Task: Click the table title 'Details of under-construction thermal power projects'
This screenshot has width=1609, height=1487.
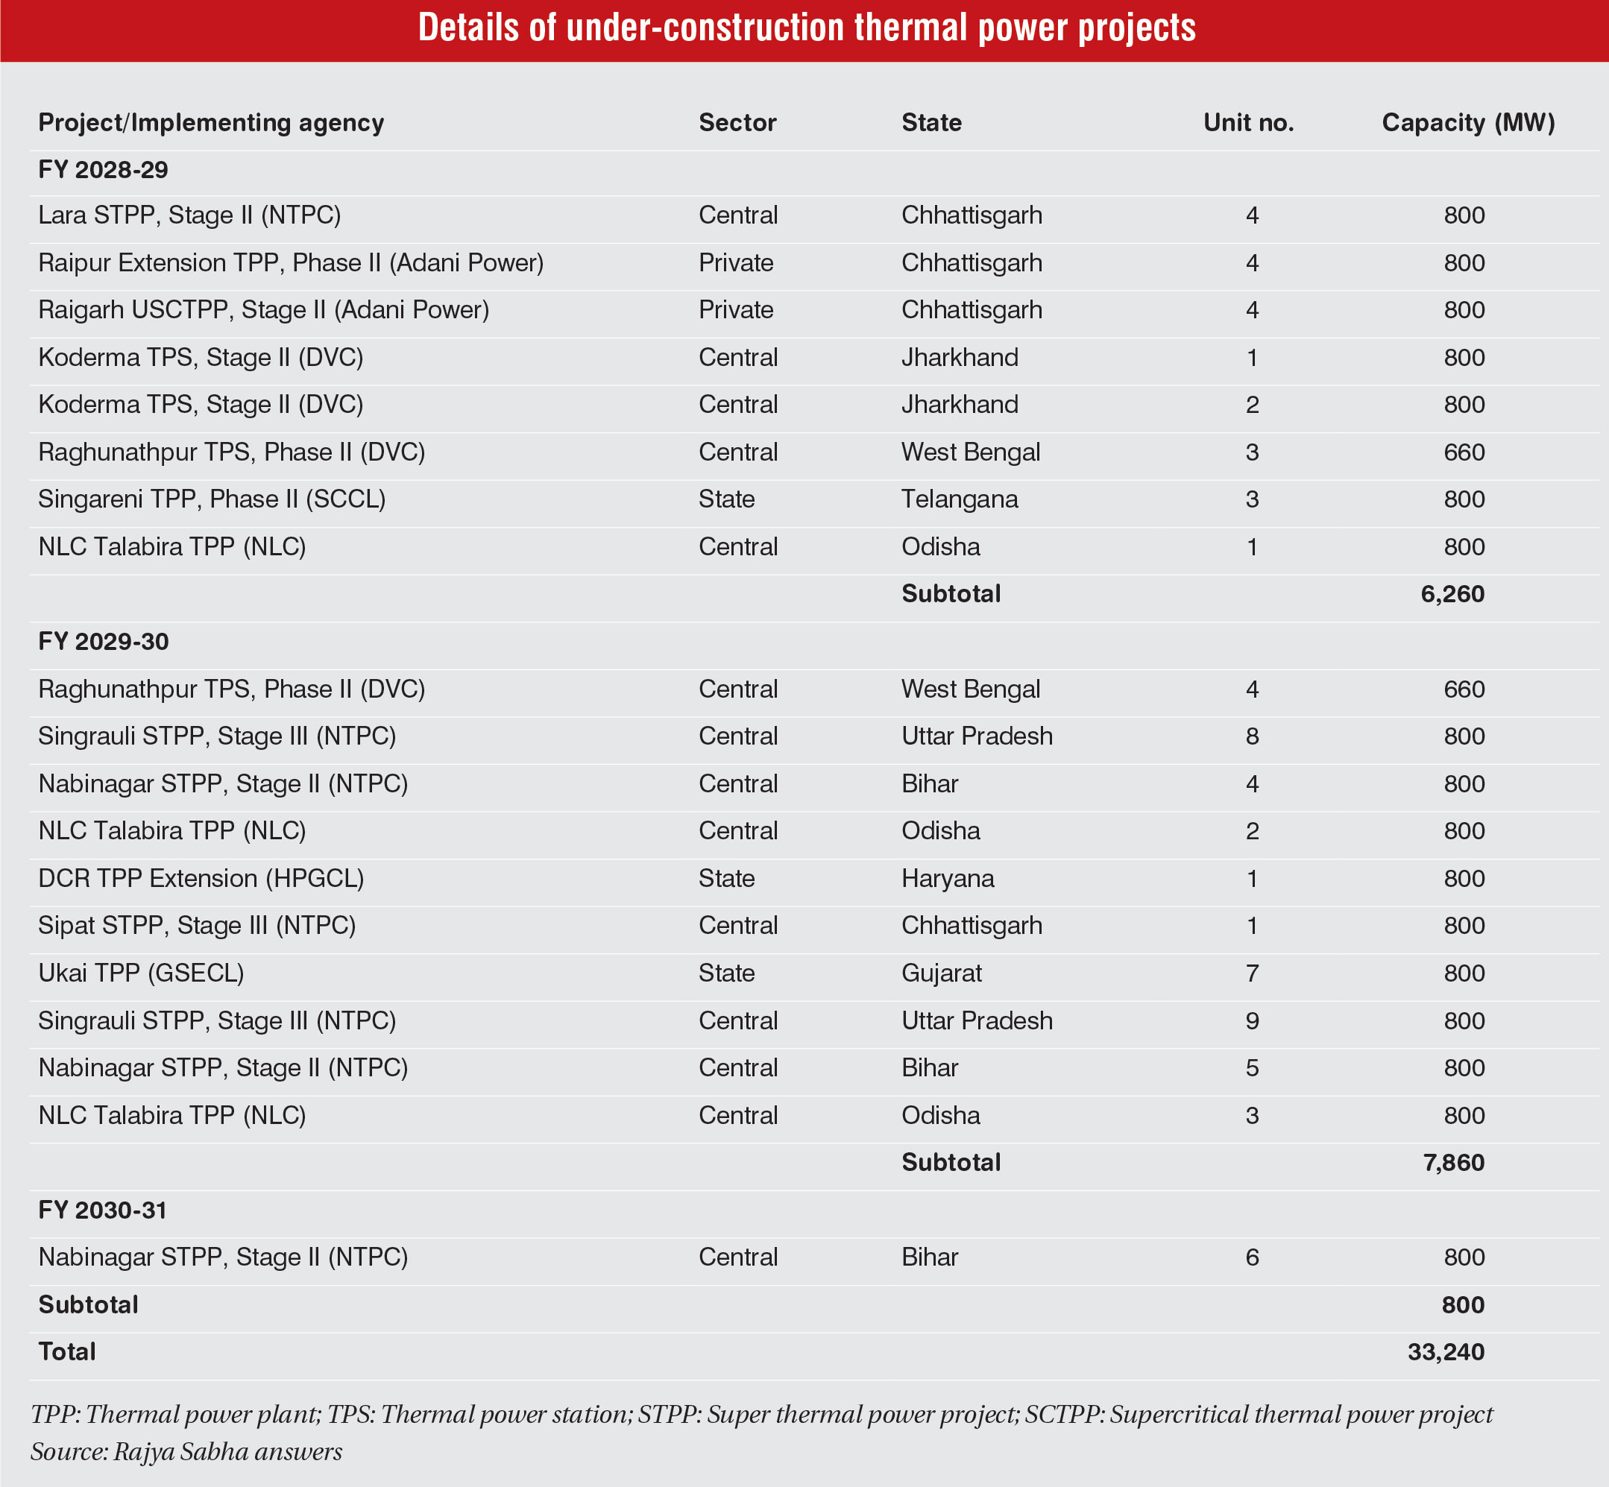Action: tap(807, 28)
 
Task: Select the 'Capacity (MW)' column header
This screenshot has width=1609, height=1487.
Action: tap(1468, 122)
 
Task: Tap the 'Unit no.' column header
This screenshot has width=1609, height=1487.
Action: tap(1248, 122)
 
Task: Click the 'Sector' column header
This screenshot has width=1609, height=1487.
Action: tap(737, 122)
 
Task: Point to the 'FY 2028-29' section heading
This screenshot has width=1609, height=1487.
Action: tap(103, 170)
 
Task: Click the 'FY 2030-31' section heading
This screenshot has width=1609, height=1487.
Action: tap(102, 1210)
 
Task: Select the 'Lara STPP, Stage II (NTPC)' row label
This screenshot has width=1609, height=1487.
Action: tap(189, 215)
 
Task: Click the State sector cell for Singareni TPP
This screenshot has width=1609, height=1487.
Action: tap(726, 499)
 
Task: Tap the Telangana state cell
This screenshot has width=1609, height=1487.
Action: tap(960, 499)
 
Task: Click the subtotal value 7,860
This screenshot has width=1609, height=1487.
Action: tap(1453, 1163)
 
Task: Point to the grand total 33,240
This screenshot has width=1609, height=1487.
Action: tap(1446, 1352)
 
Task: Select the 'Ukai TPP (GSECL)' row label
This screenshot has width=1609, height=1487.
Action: tap(141, 973)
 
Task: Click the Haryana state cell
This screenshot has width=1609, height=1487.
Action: tap(948, 879)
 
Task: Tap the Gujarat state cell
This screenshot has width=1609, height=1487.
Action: tap(941, 973)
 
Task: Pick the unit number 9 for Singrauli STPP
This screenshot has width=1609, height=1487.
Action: tap(1252, 1021)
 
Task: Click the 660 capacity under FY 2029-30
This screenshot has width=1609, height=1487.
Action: tap(1464, 689)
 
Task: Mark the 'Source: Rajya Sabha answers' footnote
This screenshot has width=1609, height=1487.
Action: tap(186, 1452)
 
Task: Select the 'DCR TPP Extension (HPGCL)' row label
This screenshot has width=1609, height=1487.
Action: tap(201, 879)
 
